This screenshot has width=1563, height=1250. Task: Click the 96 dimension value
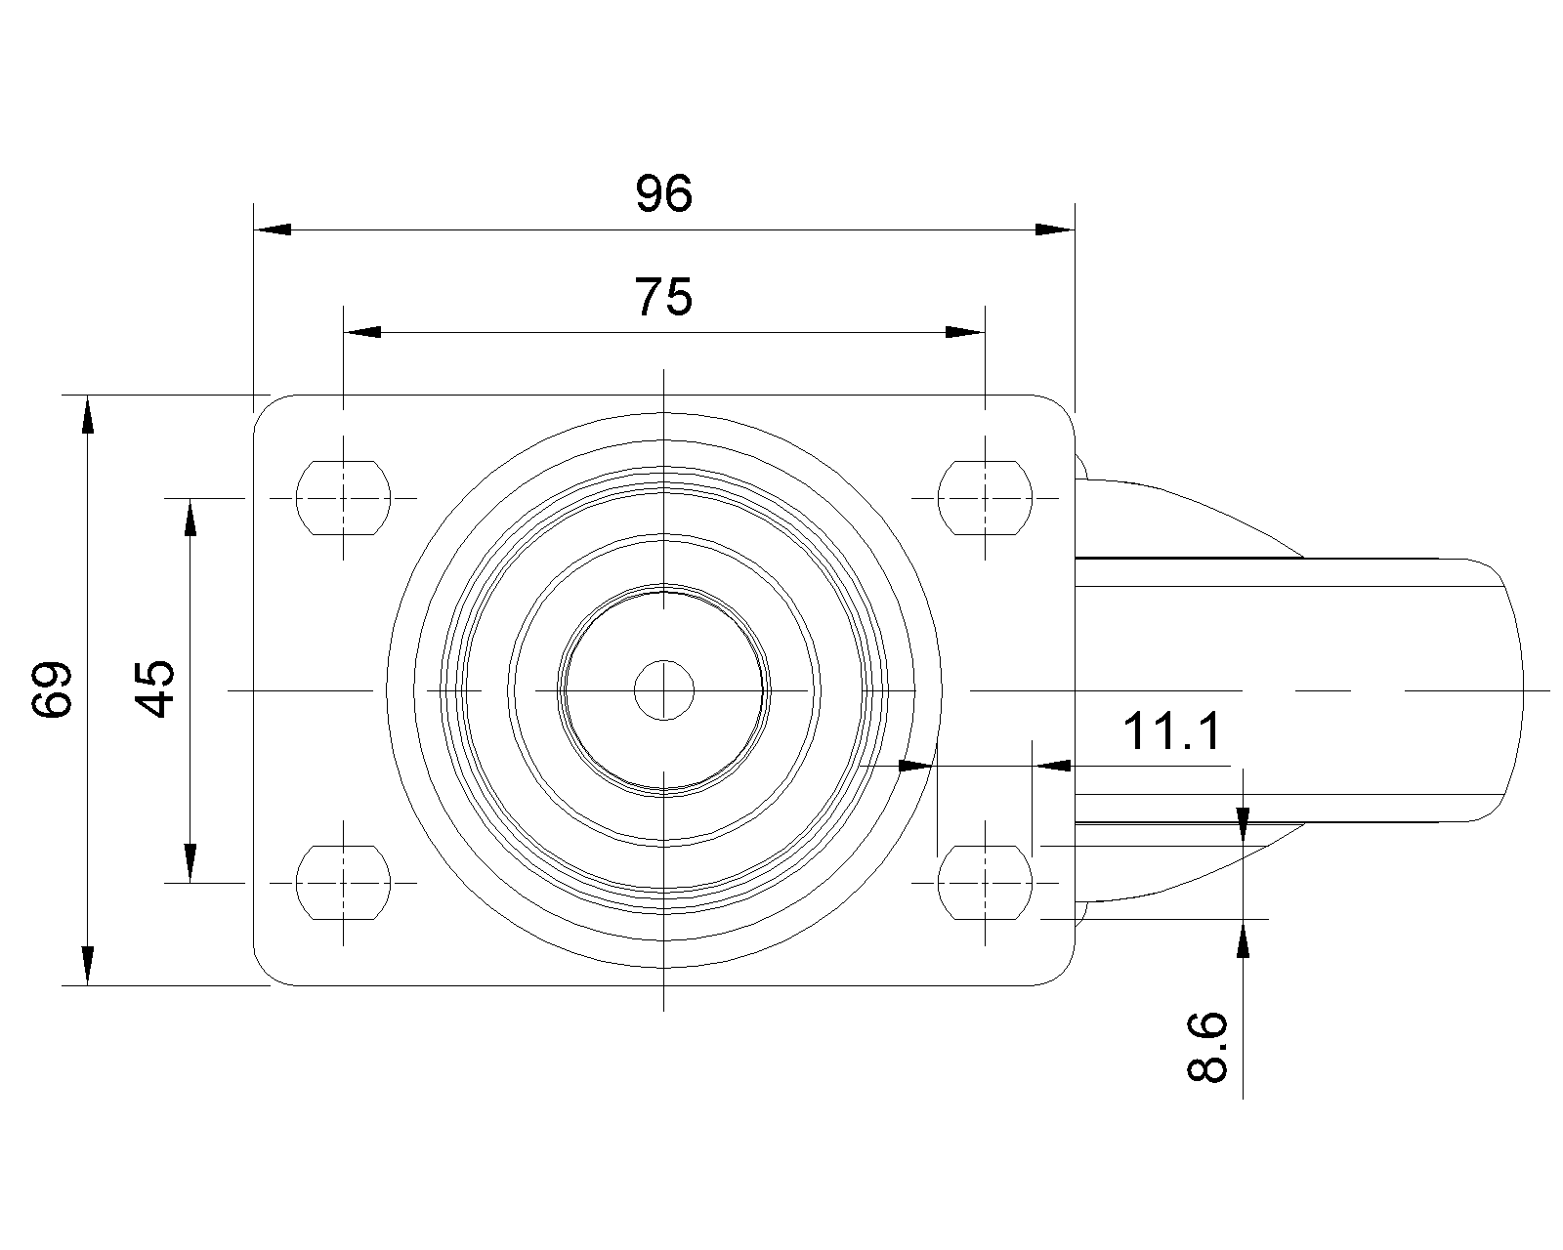[664, 193]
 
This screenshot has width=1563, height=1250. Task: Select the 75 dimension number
[664, 296]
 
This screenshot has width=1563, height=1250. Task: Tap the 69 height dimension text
[53, 689]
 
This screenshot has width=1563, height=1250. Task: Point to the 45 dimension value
[154, 688]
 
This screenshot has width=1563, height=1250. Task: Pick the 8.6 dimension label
[1207, 1047]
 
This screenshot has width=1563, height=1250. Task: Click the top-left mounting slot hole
[343, 497]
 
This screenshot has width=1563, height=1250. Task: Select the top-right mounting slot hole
[985, 497]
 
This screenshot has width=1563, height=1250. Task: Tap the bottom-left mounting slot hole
[343, 883]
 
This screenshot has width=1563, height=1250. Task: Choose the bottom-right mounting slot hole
[985, 883]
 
